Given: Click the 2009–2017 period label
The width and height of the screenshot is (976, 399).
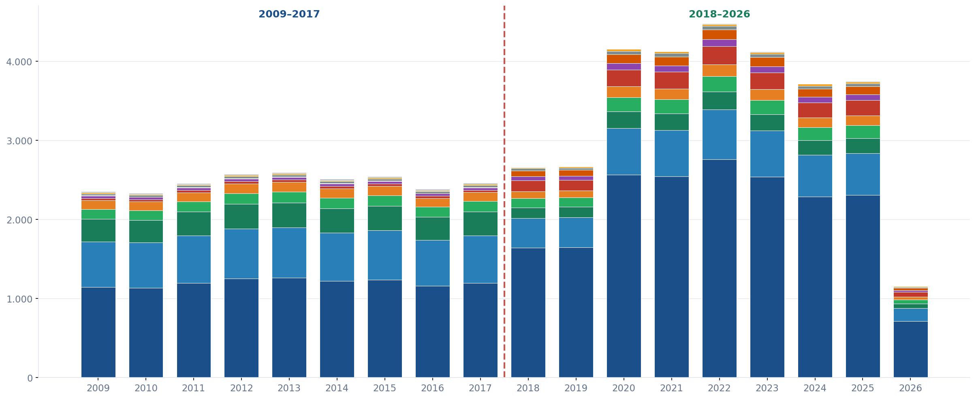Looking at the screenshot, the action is point(289,14).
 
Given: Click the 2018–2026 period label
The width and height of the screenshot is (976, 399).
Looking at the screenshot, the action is point(719,14).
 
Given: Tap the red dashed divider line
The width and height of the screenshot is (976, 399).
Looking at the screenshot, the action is point(504,192).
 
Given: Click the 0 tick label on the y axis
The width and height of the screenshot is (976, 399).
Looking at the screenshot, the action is point(30,378).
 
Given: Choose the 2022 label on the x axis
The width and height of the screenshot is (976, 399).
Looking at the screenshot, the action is point(719,388).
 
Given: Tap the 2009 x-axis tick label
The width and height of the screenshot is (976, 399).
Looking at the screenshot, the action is point(98,388).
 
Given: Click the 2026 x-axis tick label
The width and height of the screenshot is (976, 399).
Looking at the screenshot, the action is point(910,388).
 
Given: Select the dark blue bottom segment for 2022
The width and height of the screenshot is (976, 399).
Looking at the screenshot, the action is point(719,268).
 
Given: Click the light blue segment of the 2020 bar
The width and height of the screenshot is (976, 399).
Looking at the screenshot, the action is point(624,152).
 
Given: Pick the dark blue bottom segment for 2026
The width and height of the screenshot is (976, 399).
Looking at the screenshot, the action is point(910,350).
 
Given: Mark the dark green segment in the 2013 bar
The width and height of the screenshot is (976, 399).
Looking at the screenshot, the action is point(289,215).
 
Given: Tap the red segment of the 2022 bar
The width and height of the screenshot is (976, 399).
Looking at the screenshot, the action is point(719,56).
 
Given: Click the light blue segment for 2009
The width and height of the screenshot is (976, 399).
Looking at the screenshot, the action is point(98,265).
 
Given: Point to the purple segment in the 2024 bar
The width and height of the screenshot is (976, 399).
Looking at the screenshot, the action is point(815,100).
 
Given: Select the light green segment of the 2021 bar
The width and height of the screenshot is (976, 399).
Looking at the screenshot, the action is point(671,107).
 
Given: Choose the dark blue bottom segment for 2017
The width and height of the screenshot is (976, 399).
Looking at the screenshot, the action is point(480,330).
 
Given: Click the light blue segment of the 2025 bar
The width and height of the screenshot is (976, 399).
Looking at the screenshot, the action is point(863,174).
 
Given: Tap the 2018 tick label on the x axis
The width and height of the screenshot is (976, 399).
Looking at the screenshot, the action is point(528,388).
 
